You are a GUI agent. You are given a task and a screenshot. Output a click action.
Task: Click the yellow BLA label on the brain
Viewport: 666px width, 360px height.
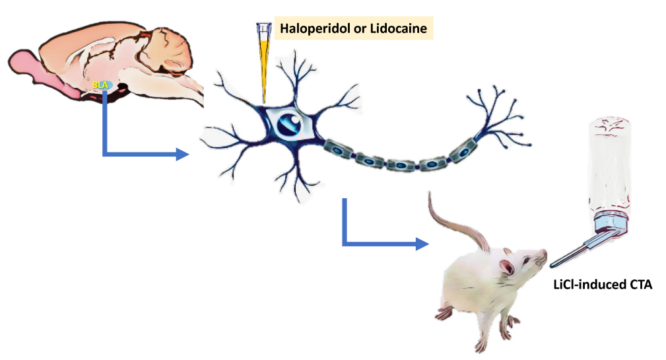tap(100, 85)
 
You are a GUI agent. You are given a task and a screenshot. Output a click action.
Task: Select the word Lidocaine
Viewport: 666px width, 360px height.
tap(399, 28)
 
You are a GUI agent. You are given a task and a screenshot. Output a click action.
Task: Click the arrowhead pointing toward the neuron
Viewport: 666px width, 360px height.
tap(182, 154)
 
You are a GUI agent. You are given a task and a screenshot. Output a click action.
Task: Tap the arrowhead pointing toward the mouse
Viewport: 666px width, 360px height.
tap(422, 244)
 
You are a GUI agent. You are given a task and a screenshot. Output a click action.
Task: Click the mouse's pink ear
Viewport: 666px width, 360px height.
tap(507, 266)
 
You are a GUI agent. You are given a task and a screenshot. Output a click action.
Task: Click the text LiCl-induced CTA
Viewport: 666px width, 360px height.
tap(602, 284)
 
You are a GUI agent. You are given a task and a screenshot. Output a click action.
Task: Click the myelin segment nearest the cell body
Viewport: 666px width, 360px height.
tap(339, 150)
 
